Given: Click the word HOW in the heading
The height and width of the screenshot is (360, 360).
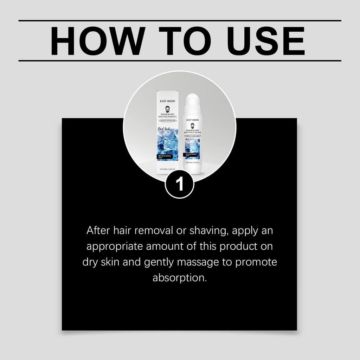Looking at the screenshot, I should coord(97,41).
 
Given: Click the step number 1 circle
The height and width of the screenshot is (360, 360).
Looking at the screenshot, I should coord(180,184).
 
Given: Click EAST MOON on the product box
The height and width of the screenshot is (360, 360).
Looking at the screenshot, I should coord(167,101).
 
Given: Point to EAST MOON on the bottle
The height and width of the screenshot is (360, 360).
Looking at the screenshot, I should coord(192,120).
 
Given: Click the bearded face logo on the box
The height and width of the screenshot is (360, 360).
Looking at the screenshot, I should coord(167,109).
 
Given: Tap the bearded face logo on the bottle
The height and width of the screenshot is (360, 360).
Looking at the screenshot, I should coord(192,126).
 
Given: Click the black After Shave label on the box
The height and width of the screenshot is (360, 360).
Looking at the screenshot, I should coord(167,157).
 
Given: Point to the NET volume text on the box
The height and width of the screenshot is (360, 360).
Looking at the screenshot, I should coord(167,169).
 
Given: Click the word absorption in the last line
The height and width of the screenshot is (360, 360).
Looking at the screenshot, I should coord(179,278).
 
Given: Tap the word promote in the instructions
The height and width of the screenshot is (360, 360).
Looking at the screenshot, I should coord(256,262).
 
